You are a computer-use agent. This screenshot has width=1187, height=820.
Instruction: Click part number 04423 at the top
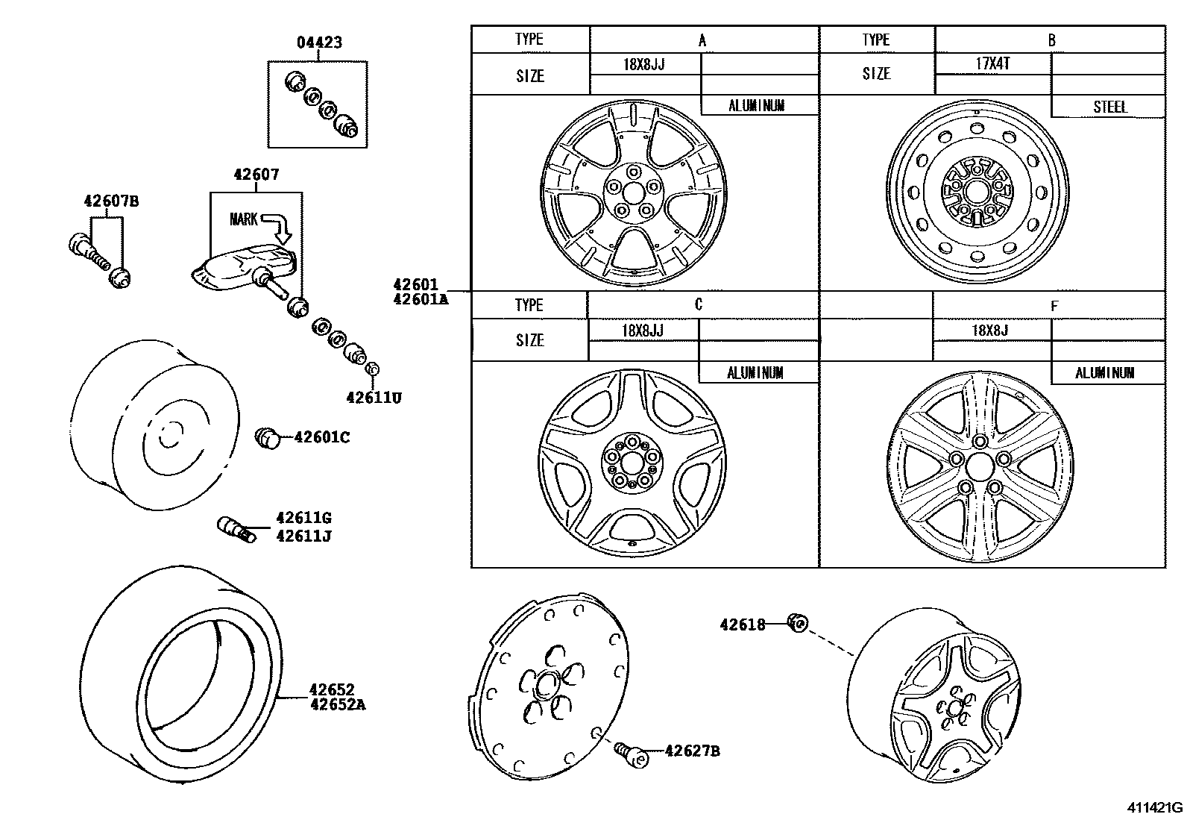(x=319, y=43)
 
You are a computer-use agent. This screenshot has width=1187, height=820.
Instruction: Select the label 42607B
(x=111, y=201)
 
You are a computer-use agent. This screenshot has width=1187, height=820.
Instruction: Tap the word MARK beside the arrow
(x=243, y=219)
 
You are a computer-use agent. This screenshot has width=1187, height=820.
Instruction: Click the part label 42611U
(x=374, y=398)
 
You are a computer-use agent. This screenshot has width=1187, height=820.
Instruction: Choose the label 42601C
(x=321, y=437)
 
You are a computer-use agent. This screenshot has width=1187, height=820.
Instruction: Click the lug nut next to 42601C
(x=267, y=438)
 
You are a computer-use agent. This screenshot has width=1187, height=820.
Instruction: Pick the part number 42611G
(x=303, y=518)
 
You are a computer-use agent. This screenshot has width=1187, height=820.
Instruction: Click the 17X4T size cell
(x=992, y=63)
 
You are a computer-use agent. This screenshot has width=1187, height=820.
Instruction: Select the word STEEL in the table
(x=1109, y=107)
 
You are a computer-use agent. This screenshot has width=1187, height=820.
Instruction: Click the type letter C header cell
(x=699, y=304)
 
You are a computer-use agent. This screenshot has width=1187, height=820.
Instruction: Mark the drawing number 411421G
(x=1154, y=807)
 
